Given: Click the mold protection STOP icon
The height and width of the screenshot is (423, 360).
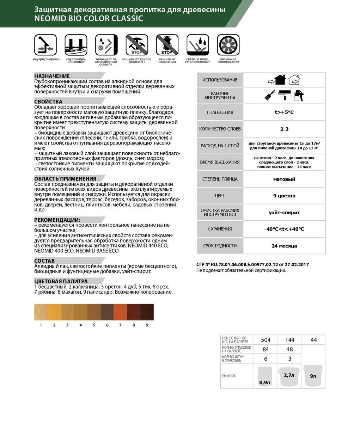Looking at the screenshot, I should click(136, 45).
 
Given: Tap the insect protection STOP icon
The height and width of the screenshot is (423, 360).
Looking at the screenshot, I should click(167, 45).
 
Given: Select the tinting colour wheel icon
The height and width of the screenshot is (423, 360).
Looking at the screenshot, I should click(228, 45).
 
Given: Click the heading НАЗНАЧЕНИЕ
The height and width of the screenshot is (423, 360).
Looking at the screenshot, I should click(52, 76).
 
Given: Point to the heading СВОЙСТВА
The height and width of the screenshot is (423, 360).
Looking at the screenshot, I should click(48, 102).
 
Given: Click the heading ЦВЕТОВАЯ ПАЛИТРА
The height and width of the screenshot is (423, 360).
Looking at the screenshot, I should click(61, 281).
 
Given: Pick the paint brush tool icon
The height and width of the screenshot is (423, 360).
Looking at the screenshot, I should click(270, 95).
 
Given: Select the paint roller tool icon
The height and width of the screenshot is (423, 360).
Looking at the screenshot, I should click(284, 95).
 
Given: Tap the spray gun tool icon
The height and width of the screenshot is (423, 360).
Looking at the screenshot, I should click(299, 95).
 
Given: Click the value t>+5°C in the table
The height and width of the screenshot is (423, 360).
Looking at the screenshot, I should click(284, 112).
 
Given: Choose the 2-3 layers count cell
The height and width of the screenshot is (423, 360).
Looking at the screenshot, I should click(284, 129).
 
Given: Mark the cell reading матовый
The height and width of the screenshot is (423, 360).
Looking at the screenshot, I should click(284, 179).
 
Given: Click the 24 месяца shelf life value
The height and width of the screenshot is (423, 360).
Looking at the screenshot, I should click(284, 246).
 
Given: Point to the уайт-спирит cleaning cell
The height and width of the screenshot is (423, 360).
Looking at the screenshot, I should click(284, 213).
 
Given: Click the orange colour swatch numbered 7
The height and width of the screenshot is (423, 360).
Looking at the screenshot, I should click(120, 312).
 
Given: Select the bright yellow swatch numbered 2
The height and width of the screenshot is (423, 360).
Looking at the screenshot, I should click(54, 312).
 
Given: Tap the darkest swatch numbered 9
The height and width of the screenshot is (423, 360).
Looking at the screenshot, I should click(147, 312).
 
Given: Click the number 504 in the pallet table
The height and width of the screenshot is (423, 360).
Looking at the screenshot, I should click(266, 340).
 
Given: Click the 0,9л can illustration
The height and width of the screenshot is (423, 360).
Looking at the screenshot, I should click(265, 376).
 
